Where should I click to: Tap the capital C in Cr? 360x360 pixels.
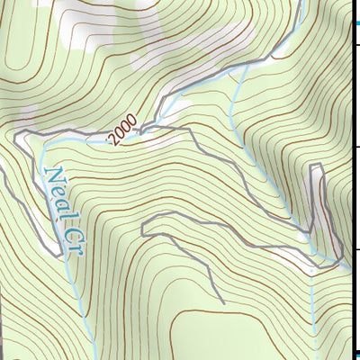69,229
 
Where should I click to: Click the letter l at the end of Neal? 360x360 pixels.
65,212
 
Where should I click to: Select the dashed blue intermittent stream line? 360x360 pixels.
311,306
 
